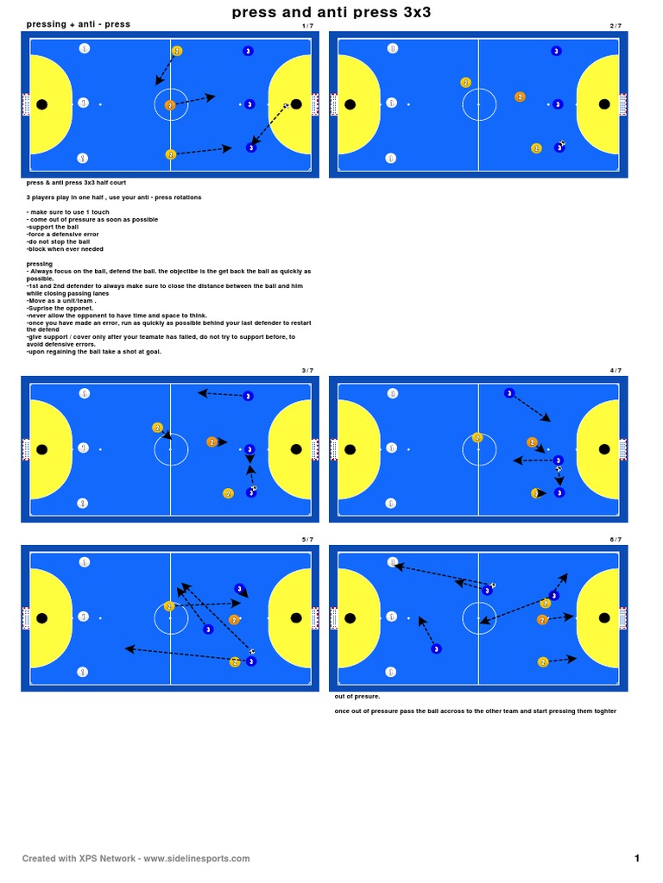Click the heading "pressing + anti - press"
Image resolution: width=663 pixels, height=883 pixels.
pos(79,24)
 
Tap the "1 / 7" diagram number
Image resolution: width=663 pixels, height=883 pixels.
pos(307,26)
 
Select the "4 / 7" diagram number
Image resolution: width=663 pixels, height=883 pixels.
pos(616,371)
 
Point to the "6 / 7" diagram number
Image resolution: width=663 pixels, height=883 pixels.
pos(616,540)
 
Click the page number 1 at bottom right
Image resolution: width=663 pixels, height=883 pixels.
pos(637,858)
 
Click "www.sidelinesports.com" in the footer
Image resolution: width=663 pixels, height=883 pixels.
pos(197,859)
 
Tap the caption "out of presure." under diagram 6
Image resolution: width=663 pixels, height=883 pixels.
pos(357,696)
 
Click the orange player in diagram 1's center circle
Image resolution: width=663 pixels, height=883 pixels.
pos(170,105)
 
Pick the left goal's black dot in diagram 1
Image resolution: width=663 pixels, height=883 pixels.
pos(42,104)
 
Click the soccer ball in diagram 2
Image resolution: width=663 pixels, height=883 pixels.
pos(563,144)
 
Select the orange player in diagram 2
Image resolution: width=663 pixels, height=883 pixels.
pos(520,97)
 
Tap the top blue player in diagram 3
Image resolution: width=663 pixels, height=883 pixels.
pos(248,397)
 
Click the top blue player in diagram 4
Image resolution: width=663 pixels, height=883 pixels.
pos(509,393)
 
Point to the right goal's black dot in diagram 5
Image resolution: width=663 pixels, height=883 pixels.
pos(296,618)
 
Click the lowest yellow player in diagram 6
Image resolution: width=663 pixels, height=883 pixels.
pos(543,662)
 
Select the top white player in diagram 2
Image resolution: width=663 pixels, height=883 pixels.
pos(393,48)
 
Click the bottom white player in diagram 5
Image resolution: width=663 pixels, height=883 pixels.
pos(83,672)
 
